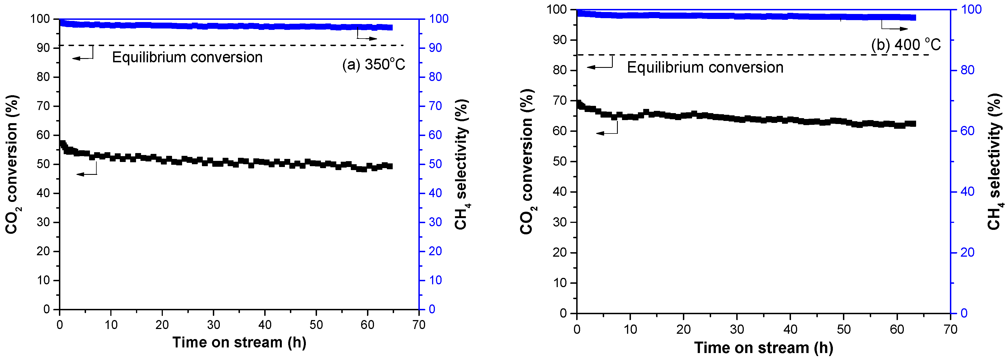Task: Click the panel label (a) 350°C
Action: (373, 65)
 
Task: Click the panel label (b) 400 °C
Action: (905, 45)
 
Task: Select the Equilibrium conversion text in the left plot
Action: (187, 58)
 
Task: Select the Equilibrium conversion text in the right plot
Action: (705, 68)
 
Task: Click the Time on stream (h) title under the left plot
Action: (239, 342)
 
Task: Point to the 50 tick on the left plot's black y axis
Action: (44, 164)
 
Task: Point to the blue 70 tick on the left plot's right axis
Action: (435, 106)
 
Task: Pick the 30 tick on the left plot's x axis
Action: (213, 325)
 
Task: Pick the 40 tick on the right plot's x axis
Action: (790, 330)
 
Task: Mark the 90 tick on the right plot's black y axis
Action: (559, 40)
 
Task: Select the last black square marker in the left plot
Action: (389, 166)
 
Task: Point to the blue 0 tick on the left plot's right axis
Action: (432, 309)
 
